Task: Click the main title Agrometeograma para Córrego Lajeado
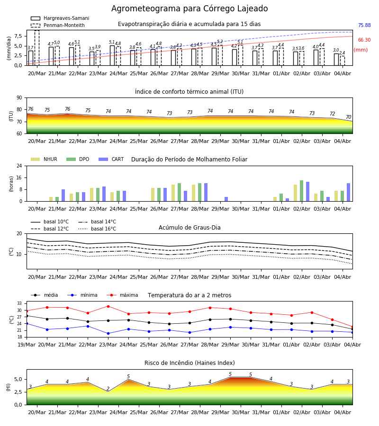coord(189,9)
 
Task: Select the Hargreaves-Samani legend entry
coord(60,18)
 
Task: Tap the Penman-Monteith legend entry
coord(58,25)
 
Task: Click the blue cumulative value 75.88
coord(364,25)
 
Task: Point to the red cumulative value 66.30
coord(364,40)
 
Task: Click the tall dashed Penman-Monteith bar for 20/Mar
coord(37,48)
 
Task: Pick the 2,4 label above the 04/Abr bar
coord(342,53)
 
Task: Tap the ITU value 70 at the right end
coord(348,117)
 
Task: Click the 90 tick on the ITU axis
coord(19,98)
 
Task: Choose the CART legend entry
coord(111,159)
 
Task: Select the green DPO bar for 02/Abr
coord(301,191)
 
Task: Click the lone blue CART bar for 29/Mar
coord(226,199)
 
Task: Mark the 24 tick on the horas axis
coord(19,166)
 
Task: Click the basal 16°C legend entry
coord(97,229)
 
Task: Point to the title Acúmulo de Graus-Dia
coord(189,228)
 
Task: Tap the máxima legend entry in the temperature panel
coord(123,295)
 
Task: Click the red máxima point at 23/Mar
coord(108,306)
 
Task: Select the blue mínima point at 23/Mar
coord(108,334)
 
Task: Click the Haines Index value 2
coord(108,389)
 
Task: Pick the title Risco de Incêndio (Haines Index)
coord(189,363)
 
